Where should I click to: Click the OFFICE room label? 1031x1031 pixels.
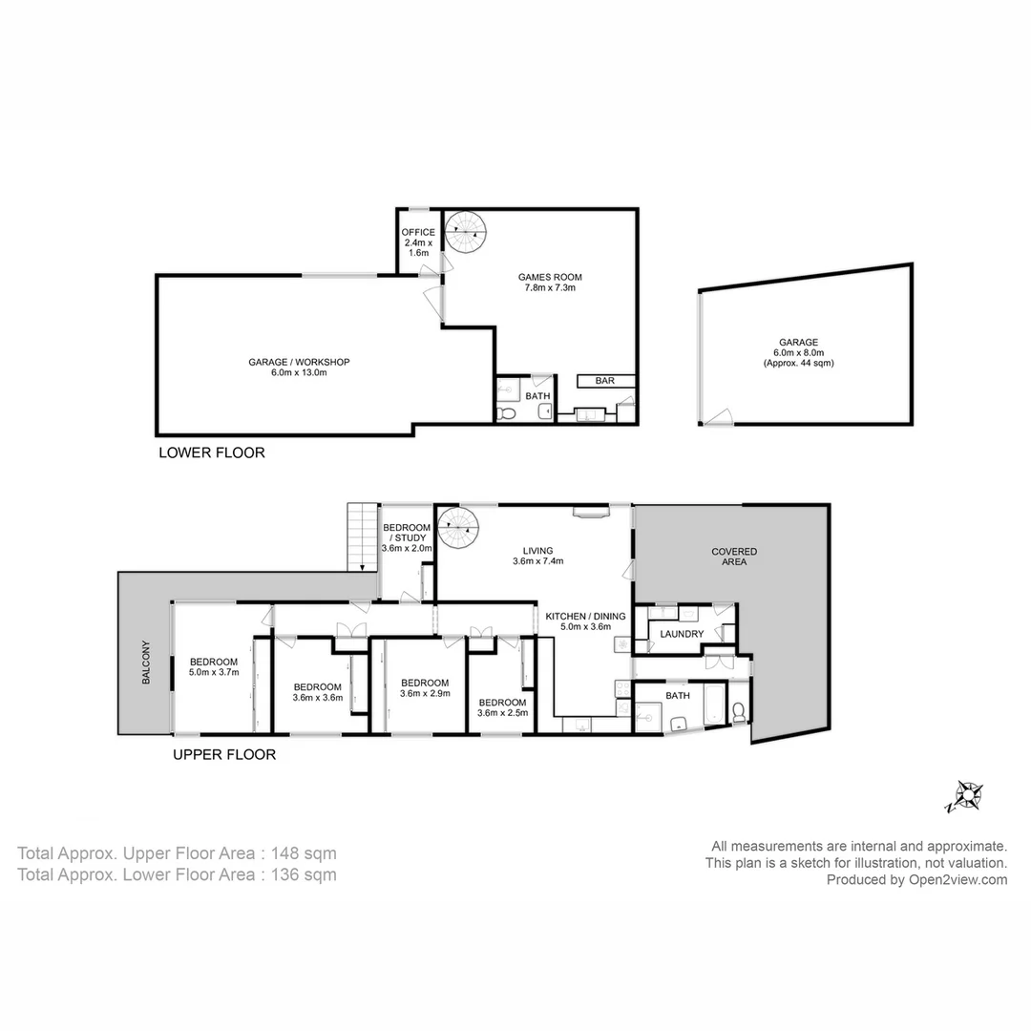(418, 232)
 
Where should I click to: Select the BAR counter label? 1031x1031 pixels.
(604, 381)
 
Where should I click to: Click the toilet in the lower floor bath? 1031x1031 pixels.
(507, 412)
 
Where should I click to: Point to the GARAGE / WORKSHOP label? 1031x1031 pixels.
(300, 362)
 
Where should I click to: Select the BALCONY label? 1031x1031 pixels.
(146, 663)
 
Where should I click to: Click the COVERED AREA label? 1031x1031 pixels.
(734, 557)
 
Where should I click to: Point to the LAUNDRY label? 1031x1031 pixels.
(682, 634)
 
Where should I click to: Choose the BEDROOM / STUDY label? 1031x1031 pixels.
(408, 533)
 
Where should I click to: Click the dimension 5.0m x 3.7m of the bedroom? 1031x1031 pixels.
(213, 673)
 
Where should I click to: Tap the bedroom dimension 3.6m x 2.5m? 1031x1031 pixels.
(502, 712)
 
